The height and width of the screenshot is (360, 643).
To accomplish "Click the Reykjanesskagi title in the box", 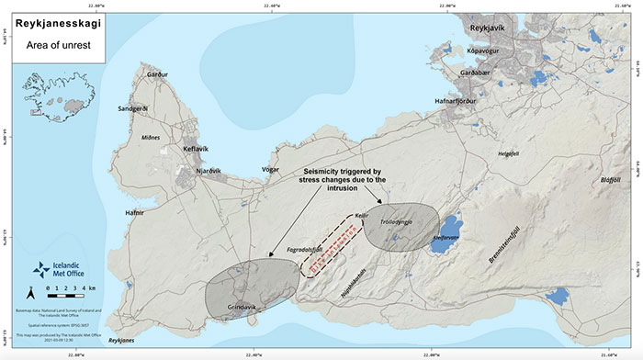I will click(58, 23).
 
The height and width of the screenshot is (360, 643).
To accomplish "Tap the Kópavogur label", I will click(489, 53).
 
